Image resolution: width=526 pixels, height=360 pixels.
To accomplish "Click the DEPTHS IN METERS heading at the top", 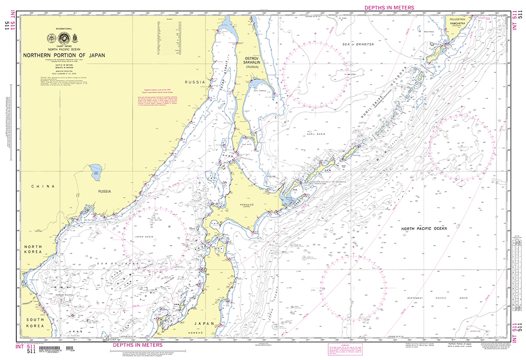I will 389,7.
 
